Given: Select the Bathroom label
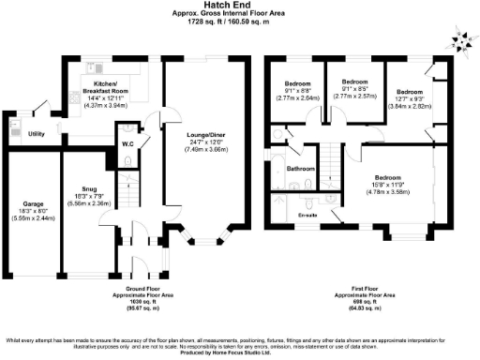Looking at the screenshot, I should point(301,169).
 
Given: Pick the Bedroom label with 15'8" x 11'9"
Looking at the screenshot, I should point(388,176).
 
